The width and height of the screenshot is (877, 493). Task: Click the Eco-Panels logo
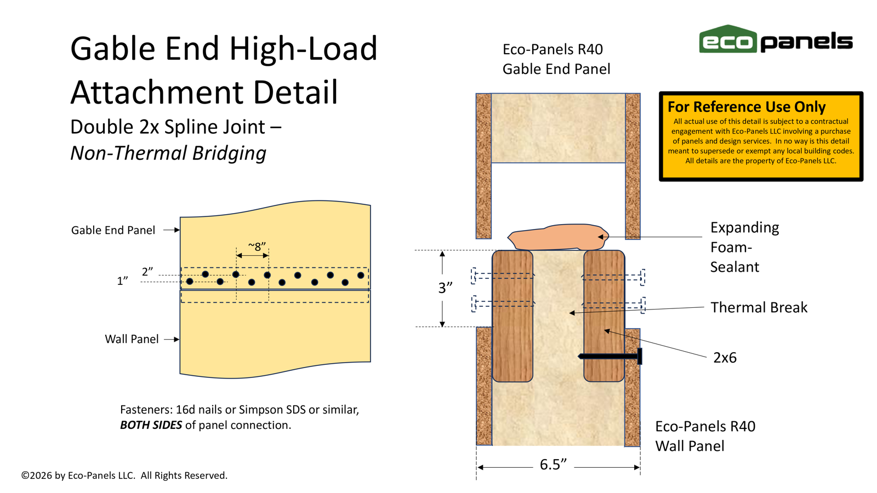pos(775,40)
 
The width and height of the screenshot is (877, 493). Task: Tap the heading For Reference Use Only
pos(746,106)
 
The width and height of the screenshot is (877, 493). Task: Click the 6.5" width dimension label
pos(553,465)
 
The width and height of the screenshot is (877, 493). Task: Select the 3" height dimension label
pos(445,288)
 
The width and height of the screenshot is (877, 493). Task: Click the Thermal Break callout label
pos(759,307)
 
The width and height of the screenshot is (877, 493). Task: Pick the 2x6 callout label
pos(725,358)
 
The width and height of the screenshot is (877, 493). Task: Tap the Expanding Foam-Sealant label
pos(744,247)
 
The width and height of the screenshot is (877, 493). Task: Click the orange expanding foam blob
pos(556,237)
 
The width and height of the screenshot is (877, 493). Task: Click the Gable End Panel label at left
pos(113,230)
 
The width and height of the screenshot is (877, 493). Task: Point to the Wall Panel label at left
pos(132,339)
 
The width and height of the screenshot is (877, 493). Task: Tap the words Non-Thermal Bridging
pos(168,153)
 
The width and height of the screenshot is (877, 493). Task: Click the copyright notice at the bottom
pos(124,475)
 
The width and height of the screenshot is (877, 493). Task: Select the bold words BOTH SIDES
pos(151,425)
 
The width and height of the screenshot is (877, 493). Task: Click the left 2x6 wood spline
pos(512,316)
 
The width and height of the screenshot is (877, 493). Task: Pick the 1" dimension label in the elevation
pos(122,281)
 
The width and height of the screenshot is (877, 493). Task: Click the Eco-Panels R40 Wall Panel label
pos(705,436)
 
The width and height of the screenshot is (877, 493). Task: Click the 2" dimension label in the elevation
pos(147,272)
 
